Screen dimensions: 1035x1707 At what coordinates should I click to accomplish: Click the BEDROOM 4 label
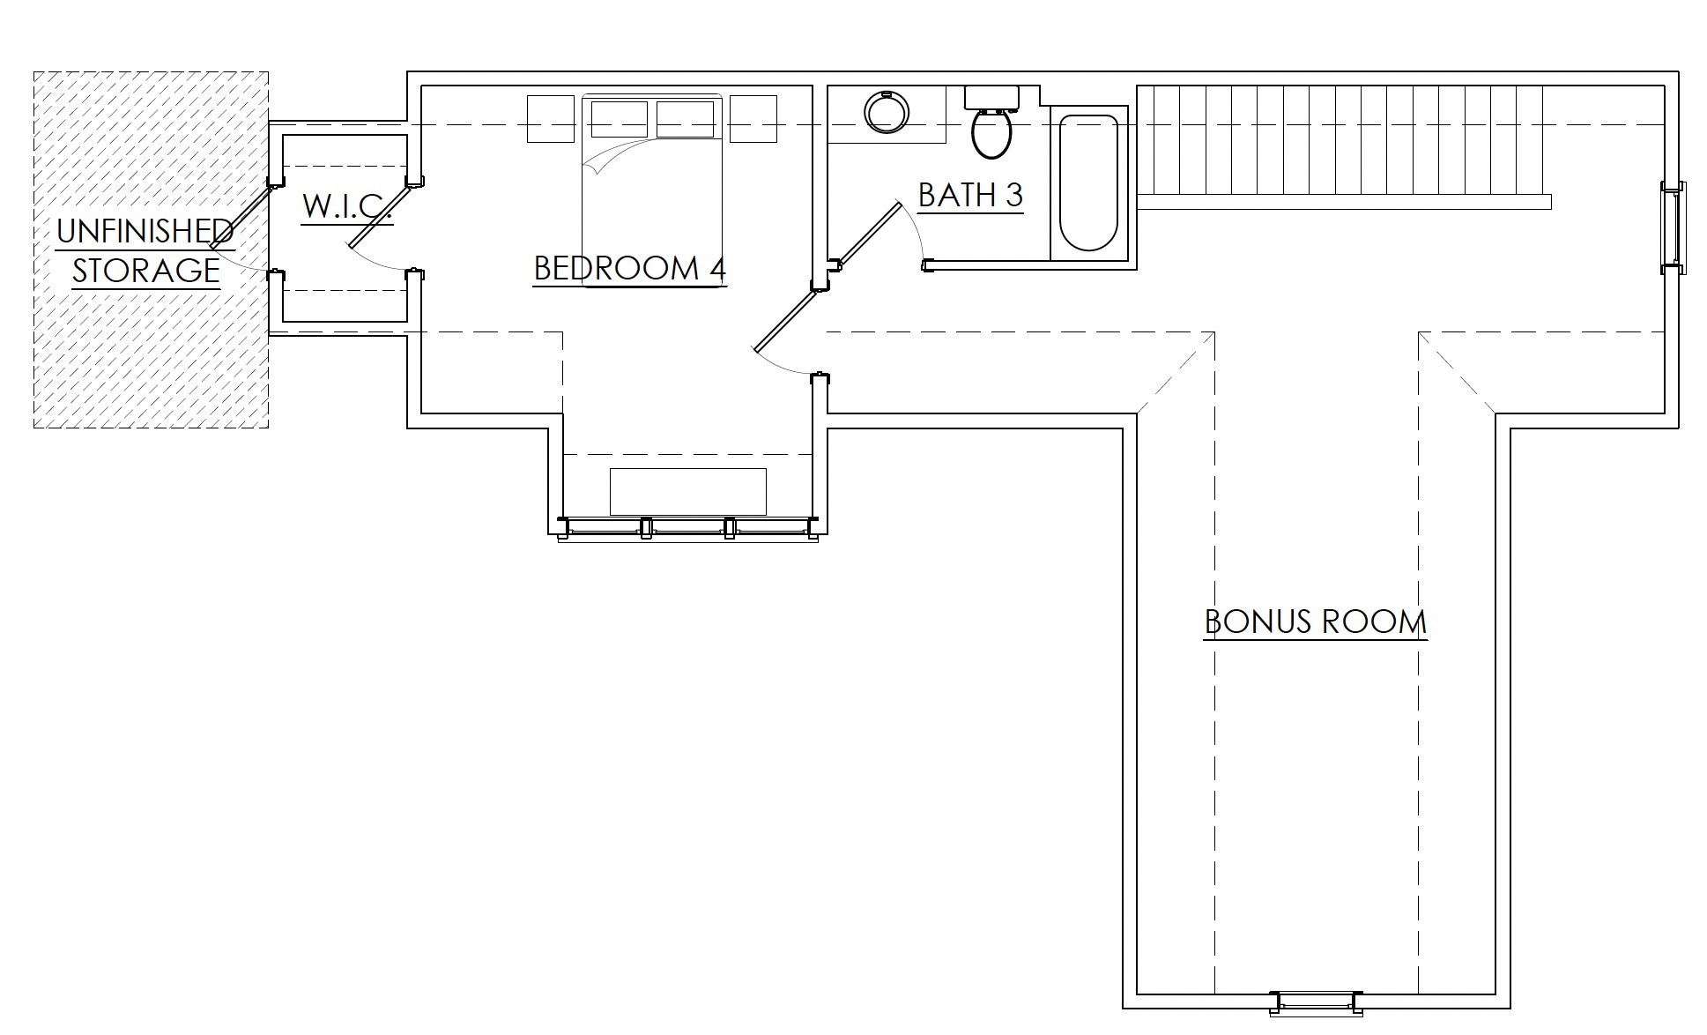point(629,268)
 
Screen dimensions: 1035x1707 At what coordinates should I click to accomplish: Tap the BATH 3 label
point(970,195)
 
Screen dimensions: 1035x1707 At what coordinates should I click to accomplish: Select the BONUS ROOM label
point(1315,622)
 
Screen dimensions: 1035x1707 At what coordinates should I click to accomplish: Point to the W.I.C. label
point(346,206)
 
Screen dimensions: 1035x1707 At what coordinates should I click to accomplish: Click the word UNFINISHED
point(145,232)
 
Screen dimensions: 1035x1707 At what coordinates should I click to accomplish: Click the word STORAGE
point(145,271)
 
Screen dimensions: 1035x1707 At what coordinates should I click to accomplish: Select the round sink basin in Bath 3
point(886,113)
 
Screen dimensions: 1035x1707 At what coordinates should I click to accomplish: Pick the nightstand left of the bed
point(550,119)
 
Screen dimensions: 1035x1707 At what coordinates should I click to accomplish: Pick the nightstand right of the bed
point(753,119)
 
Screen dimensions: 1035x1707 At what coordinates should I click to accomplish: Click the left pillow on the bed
point(620,119)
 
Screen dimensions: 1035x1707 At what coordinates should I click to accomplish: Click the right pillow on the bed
point(685,119)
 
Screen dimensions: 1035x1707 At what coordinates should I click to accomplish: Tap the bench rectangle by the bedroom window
point(688,491)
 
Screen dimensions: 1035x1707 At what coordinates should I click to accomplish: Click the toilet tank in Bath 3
point(991,97)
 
